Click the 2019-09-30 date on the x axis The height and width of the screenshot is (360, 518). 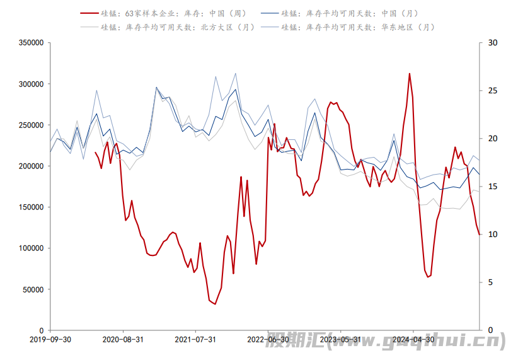pyautogui.click(x=50, y=339)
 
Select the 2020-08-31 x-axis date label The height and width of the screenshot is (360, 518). pyautogui.click(x=123, y=339)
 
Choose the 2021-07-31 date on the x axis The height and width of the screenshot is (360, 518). pyautogui.click(x=195, y=339)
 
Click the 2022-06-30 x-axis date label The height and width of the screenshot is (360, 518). pyautogui.click(x=268, y=339)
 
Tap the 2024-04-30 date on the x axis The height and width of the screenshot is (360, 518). pyautogui.click(x=413, y=339)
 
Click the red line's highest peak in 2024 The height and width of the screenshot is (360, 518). pyautogui.click(x=410, y=74)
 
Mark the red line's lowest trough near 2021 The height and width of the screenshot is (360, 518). pyautogui.click(x=215, y=304)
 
